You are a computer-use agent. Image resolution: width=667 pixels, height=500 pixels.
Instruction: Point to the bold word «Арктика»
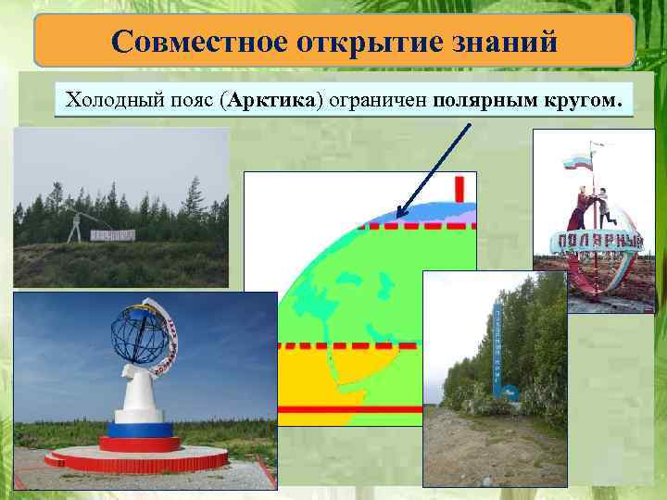point(275,98)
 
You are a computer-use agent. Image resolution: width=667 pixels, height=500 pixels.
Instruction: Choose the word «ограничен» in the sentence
point(377,98)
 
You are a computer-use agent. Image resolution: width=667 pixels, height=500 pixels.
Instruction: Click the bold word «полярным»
point(481,98)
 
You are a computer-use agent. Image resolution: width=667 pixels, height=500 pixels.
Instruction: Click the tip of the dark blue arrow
point(397,218)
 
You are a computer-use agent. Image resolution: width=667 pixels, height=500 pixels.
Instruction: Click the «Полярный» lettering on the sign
point(598,243)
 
